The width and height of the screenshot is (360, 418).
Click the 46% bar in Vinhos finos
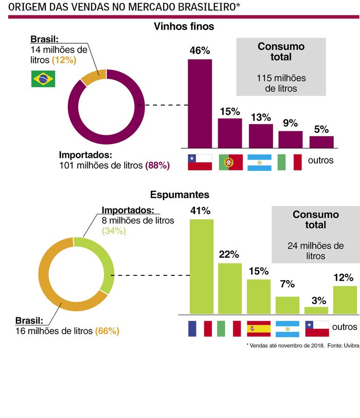point(200,103)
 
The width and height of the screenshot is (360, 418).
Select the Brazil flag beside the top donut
point(43,79)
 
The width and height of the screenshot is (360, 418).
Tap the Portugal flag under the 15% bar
point(231,162)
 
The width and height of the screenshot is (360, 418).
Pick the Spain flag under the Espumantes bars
point(259,328)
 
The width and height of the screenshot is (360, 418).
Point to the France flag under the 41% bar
point(201,328)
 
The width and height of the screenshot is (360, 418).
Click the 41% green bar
point(202,267)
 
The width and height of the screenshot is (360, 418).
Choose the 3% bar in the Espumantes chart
point(316,310)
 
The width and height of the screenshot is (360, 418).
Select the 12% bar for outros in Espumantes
point(345,300)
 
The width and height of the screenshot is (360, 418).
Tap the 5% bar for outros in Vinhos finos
point(321,142)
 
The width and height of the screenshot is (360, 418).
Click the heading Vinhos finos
point(184,26)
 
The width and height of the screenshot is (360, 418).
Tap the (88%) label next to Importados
point(157,165)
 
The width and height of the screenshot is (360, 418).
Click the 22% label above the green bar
point(229,254)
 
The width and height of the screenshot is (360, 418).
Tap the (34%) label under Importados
point(114,231)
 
